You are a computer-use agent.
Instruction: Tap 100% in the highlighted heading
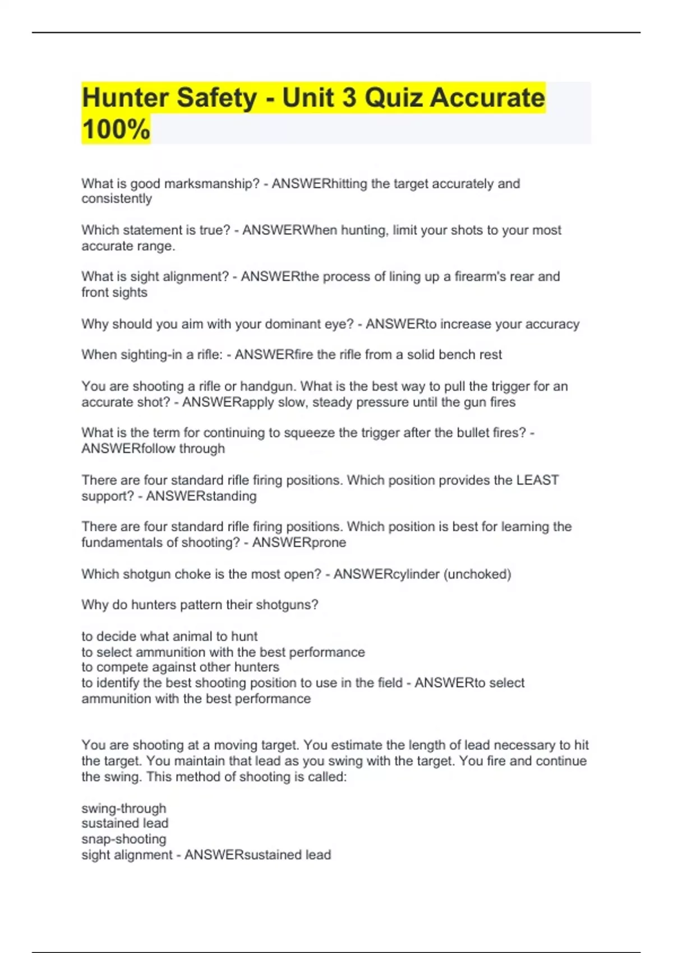click(116, 129)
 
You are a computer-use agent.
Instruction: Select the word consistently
click(117, 199)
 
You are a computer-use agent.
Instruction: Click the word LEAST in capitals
click(537, 480)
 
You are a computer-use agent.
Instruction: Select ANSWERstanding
click(201, 496)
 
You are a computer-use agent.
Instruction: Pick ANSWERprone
click(299, 543)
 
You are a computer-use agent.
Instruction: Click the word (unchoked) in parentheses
click(477, 575)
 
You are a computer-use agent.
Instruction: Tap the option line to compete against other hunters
click(180, 667)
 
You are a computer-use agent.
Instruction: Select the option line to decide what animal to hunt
click(169, 636)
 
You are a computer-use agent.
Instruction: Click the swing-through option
click(124, 808)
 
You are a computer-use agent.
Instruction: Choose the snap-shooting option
click(124, 839)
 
